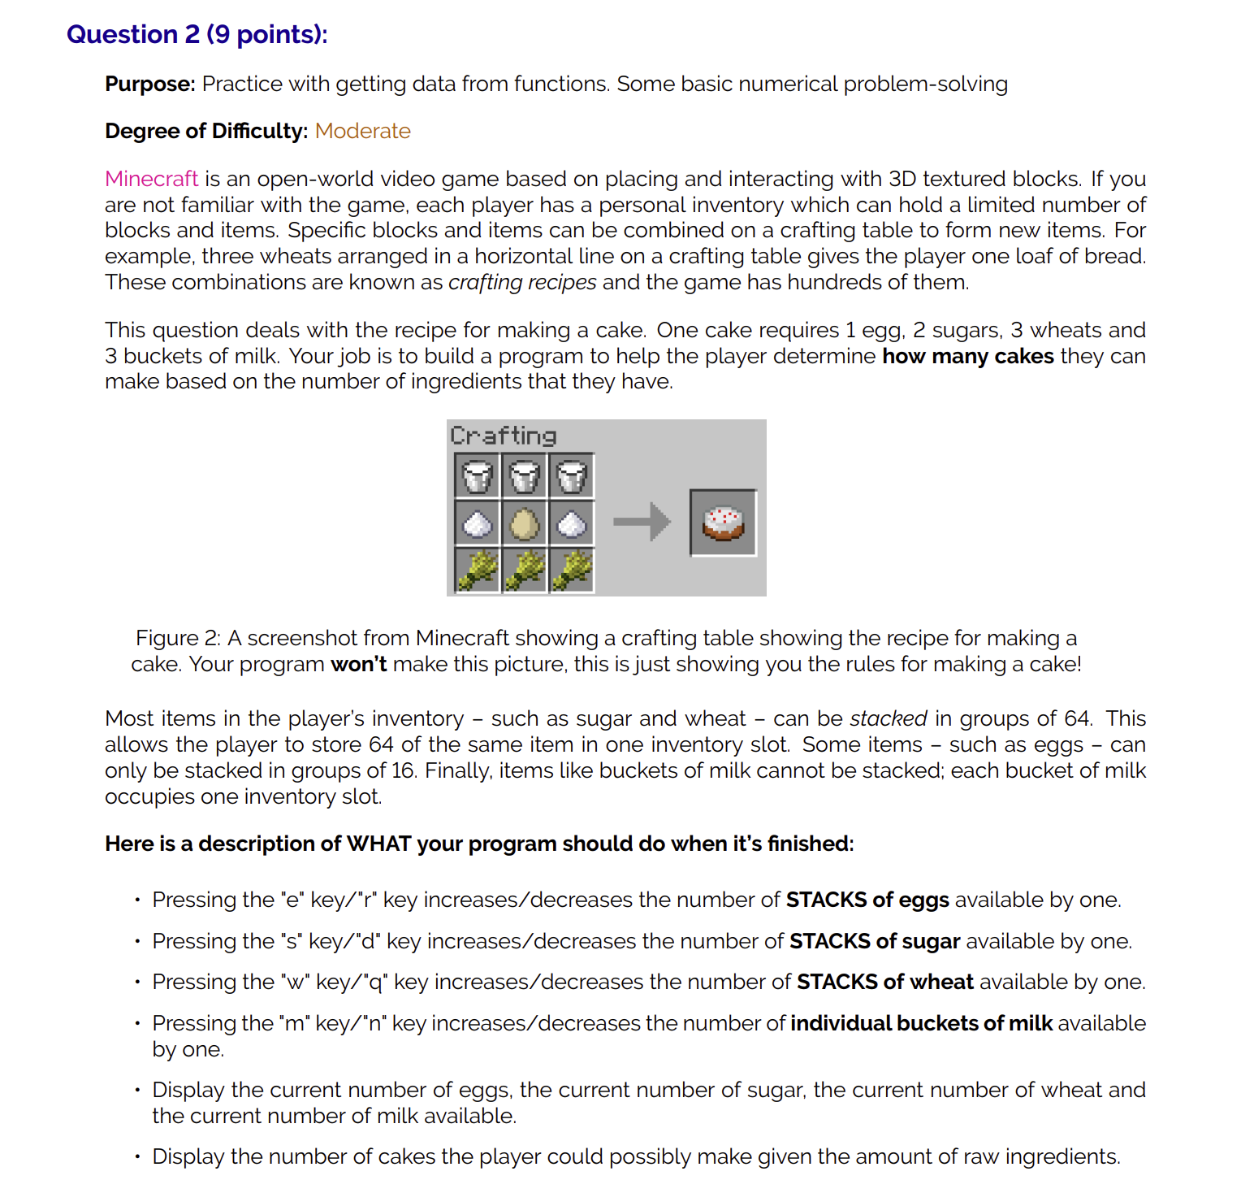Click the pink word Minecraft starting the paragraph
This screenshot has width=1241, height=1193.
(151, 179)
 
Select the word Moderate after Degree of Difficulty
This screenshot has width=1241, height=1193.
(362, 131)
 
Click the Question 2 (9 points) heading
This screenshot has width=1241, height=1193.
(197, 34)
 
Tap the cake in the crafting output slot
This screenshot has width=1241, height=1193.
(723, 523)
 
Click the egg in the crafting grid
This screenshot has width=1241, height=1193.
(524, 523)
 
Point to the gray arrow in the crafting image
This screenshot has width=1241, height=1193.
(642, 522)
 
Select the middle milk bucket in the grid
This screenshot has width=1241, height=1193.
(524, 476)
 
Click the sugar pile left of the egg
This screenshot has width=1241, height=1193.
(477, 524)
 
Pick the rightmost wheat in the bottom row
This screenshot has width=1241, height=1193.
(572, 570)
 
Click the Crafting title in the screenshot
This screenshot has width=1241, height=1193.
(503, 436)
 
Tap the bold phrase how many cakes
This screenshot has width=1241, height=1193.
(967, 356)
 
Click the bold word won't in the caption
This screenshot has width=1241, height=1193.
(358, 664)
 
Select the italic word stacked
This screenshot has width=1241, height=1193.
(888, 718)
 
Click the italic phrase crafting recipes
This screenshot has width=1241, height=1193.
(522, 282)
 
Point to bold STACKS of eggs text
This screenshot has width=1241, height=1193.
(867, 900)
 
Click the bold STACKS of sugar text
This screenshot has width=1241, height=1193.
(874, 941)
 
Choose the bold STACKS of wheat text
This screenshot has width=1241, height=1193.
(884, 982)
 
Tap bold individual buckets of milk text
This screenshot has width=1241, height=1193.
(921, 1023)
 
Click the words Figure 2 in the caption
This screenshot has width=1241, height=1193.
(178, 638)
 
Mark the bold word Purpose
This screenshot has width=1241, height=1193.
(149, 84)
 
